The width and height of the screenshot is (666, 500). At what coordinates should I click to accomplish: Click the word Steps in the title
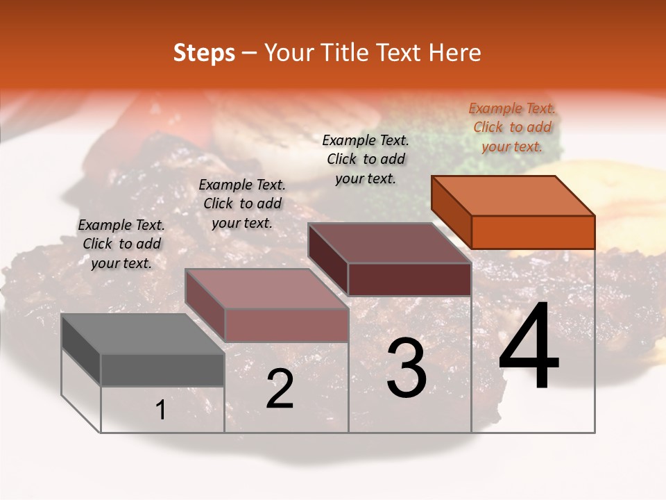pyautogui.click(x=204, y=53)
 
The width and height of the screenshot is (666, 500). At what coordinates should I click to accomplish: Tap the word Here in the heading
pyautogui.click(x=454, y=53)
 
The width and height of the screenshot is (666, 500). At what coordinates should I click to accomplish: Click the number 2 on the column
pyautogui.click(x=280, y=389)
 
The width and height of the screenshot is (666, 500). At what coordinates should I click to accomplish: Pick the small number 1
pyautogui.click(x=161, y=410)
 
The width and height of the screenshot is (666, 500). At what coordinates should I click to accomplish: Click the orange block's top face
pyautogui.click(x=513, y=195)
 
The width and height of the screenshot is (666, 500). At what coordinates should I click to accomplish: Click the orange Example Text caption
pyautogui.click(x=512, y=128)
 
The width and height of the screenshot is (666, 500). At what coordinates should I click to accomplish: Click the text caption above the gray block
pyautogui.click(x=121, y=244)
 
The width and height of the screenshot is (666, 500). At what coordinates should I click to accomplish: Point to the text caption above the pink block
pyautogui.click(x=242, y=204)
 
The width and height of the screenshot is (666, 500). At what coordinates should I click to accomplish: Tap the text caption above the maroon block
pyautogui.click(x=366, y=160)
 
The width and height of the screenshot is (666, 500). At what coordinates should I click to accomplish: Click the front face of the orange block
pyautogui.click(x=533, y=232)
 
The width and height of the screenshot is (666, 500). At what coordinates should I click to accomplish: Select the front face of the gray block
pyautogui.click(x=162, y=370)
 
